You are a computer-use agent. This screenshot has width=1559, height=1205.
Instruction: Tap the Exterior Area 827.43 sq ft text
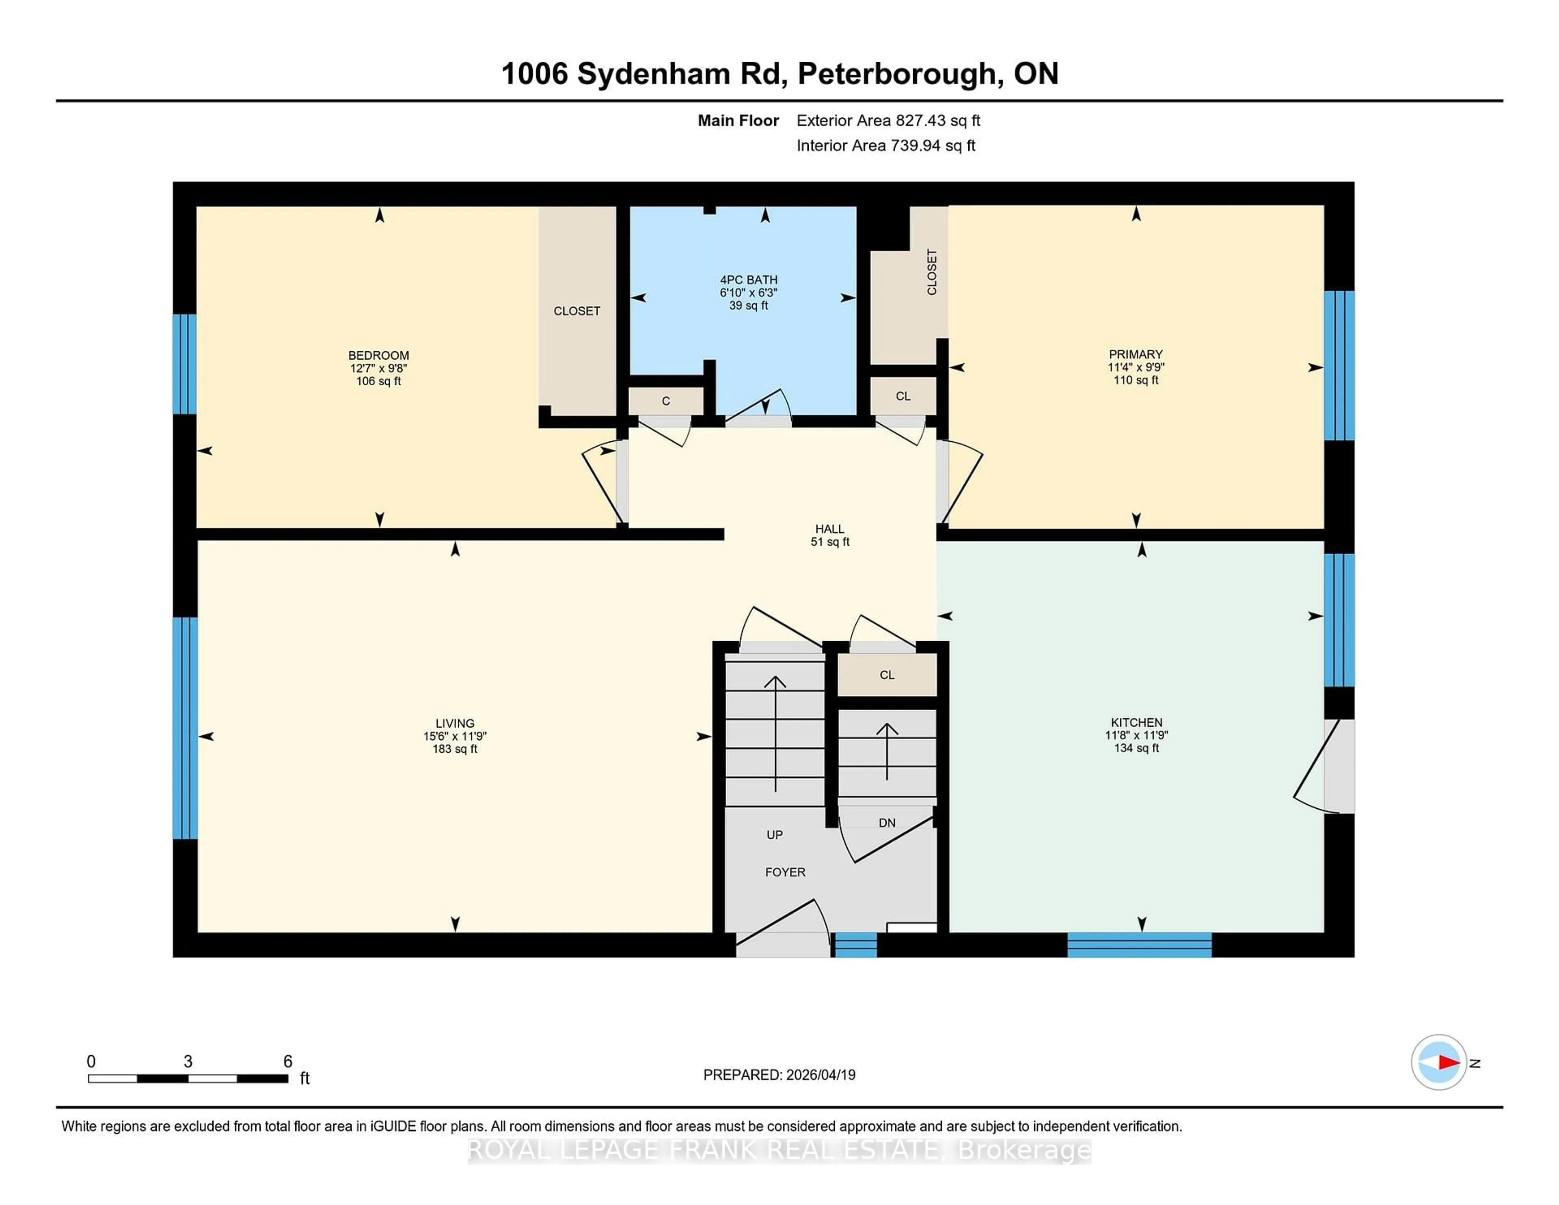888,121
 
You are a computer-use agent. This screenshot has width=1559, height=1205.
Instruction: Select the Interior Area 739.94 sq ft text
885,146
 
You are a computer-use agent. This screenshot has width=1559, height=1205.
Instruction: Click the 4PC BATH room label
748,292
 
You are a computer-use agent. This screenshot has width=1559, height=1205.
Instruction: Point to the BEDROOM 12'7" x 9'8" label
378,368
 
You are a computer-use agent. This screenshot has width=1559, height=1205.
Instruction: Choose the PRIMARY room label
1136,367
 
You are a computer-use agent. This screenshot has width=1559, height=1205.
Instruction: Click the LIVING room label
455,735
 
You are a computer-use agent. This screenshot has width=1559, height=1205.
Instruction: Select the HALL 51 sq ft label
829,535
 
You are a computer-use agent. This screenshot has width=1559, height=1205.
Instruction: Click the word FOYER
784,872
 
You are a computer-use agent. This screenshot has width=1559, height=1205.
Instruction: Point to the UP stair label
775,834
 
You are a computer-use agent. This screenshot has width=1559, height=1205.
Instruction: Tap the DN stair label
887,823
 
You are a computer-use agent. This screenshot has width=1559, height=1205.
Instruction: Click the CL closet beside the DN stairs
887,675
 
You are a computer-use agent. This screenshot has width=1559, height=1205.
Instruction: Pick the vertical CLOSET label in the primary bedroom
932,272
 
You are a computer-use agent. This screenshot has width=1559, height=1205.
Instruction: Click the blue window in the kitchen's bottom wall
1139,944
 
